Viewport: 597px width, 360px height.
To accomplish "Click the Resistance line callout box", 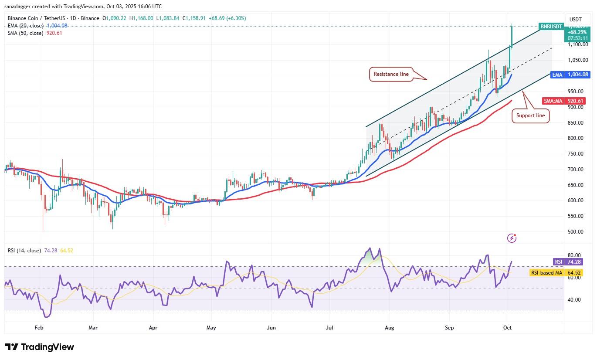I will (x=391, y=74).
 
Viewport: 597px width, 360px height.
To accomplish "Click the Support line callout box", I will (x=530, y=115).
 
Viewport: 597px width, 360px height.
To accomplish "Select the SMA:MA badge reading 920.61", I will (x=563, y=101).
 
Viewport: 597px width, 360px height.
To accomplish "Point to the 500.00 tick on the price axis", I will (x=576, y=231).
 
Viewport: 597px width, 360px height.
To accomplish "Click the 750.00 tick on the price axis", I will (x=576, y=154).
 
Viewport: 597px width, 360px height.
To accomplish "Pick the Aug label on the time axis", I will (x=390, y=327).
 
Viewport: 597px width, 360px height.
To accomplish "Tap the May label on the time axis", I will (x=211, y=327).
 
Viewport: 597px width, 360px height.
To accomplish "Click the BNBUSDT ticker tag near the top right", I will (x=551, y=27).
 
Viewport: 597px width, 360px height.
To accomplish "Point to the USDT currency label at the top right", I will (x=576, y=19).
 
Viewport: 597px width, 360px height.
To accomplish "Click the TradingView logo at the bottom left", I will (x=40, y=347).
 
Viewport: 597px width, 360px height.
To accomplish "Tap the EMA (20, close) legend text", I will (x=25, y=26).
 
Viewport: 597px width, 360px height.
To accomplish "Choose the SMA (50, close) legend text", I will (x=25, y=33).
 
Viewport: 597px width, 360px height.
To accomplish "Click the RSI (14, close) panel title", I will (x=24, y=251).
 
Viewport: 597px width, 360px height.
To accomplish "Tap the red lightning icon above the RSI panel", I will (x=512, y=238).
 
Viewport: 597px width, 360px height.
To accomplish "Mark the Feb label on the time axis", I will (x=39, y=327).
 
